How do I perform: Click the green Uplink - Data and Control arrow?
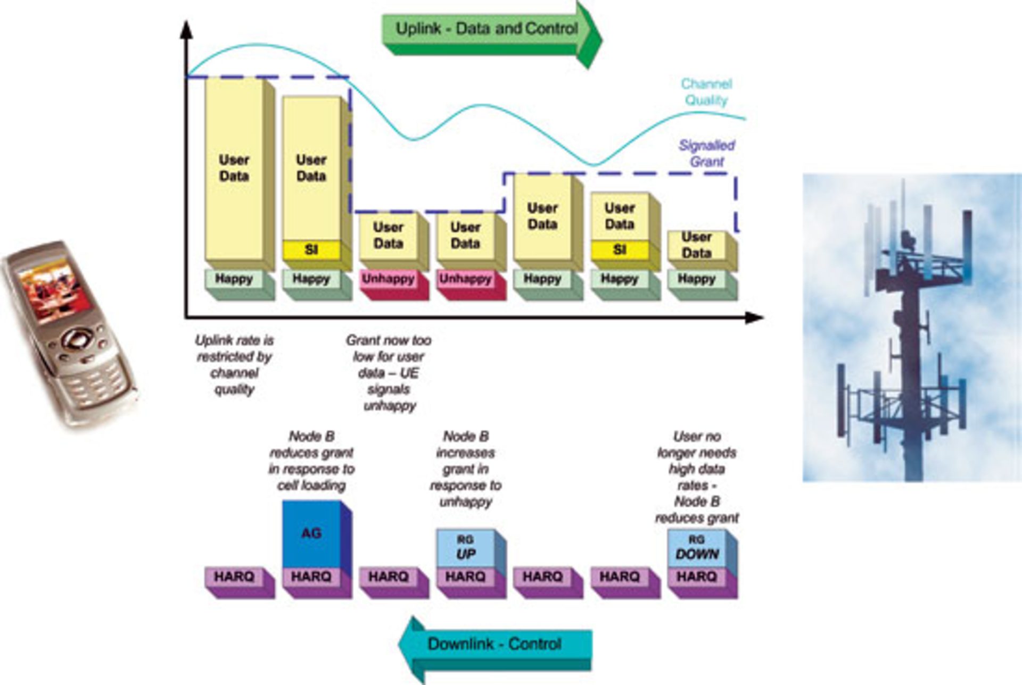tap(487, 29)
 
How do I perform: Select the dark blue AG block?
tap(311, 533)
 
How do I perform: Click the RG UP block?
tap(466, 548)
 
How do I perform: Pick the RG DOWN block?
tap(697, 548)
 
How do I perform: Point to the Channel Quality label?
tap(706, 92)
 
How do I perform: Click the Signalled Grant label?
tap(707, 153)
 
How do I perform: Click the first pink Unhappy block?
tap(389, 279)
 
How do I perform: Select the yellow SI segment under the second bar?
tap(311, 249)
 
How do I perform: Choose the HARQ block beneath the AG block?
tap(311, 577)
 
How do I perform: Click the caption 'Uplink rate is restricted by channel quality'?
tap(234, 365)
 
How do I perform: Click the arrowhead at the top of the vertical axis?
tap(186, 29)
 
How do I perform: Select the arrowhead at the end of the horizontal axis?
tap(754, 318)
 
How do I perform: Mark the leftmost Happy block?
tap(234, 279)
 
